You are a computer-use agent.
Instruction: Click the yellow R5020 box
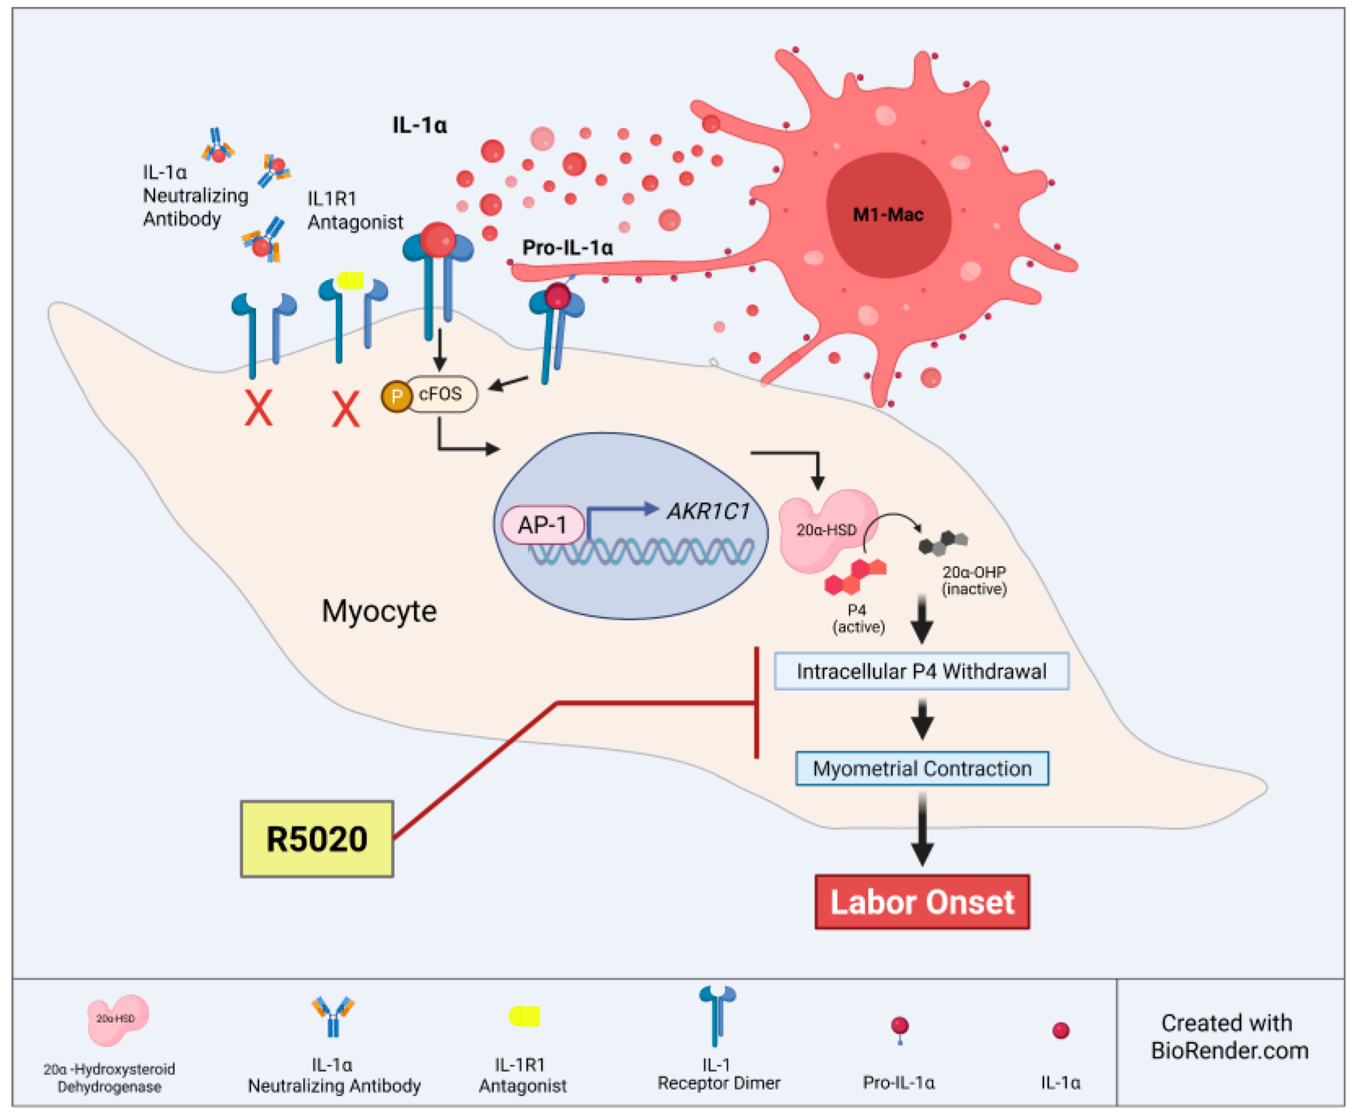coord(316,839)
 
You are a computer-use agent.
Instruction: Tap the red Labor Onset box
coord(922,902)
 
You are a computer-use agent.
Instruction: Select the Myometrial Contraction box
coord(922,768)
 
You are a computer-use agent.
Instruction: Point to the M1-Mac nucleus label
coord(888,215)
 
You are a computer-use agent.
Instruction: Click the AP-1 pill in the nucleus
coord(542,525)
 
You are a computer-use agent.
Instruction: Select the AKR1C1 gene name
coord(708,511)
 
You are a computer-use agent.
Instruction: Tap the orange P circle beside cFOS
coord(396,396)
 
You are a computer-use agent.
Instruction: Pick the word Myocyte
coord(379,610)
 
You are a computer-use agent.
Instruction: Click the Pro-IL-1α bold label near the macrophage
coord(567,248)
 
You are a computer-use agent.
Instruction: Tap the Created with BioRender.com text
coord(1229,1036)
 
